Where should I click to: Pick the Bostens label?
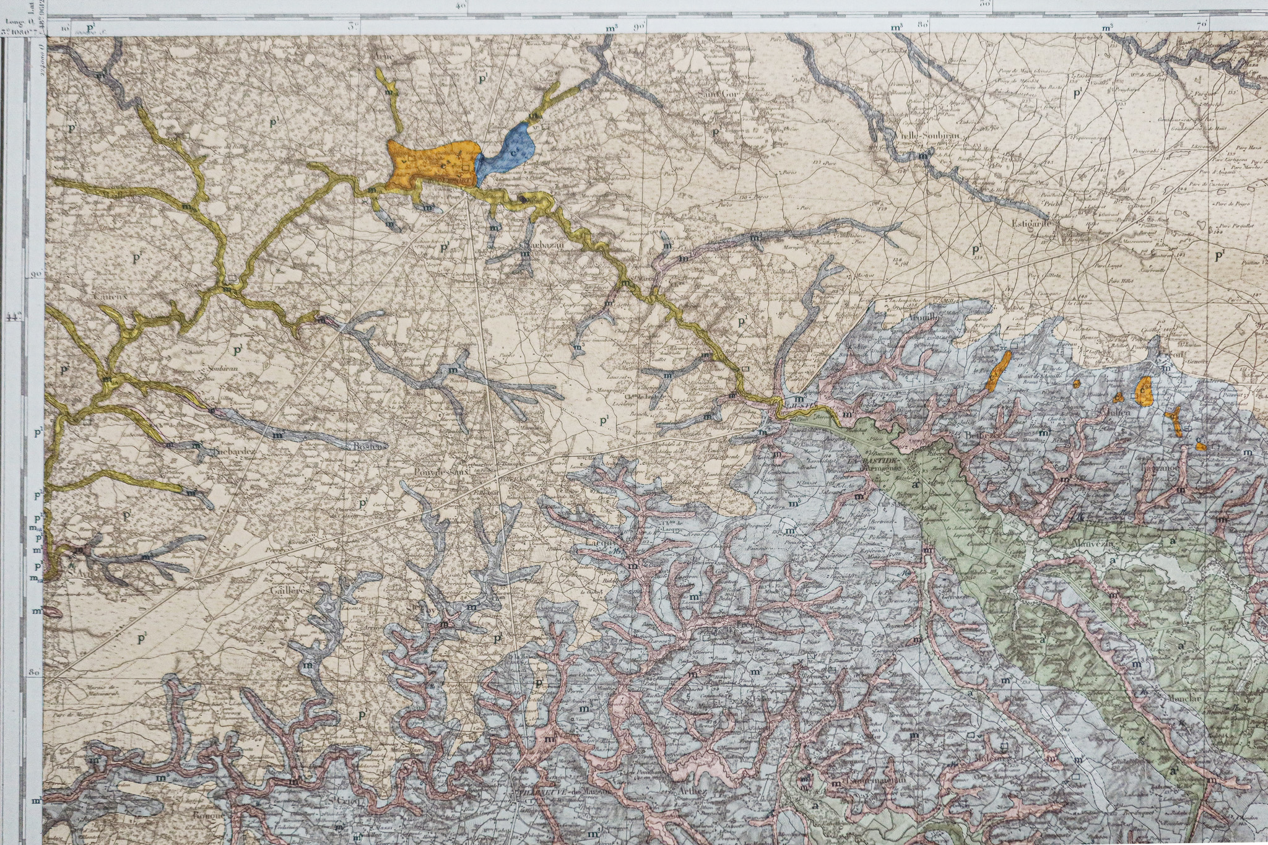tap(370, 445)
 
